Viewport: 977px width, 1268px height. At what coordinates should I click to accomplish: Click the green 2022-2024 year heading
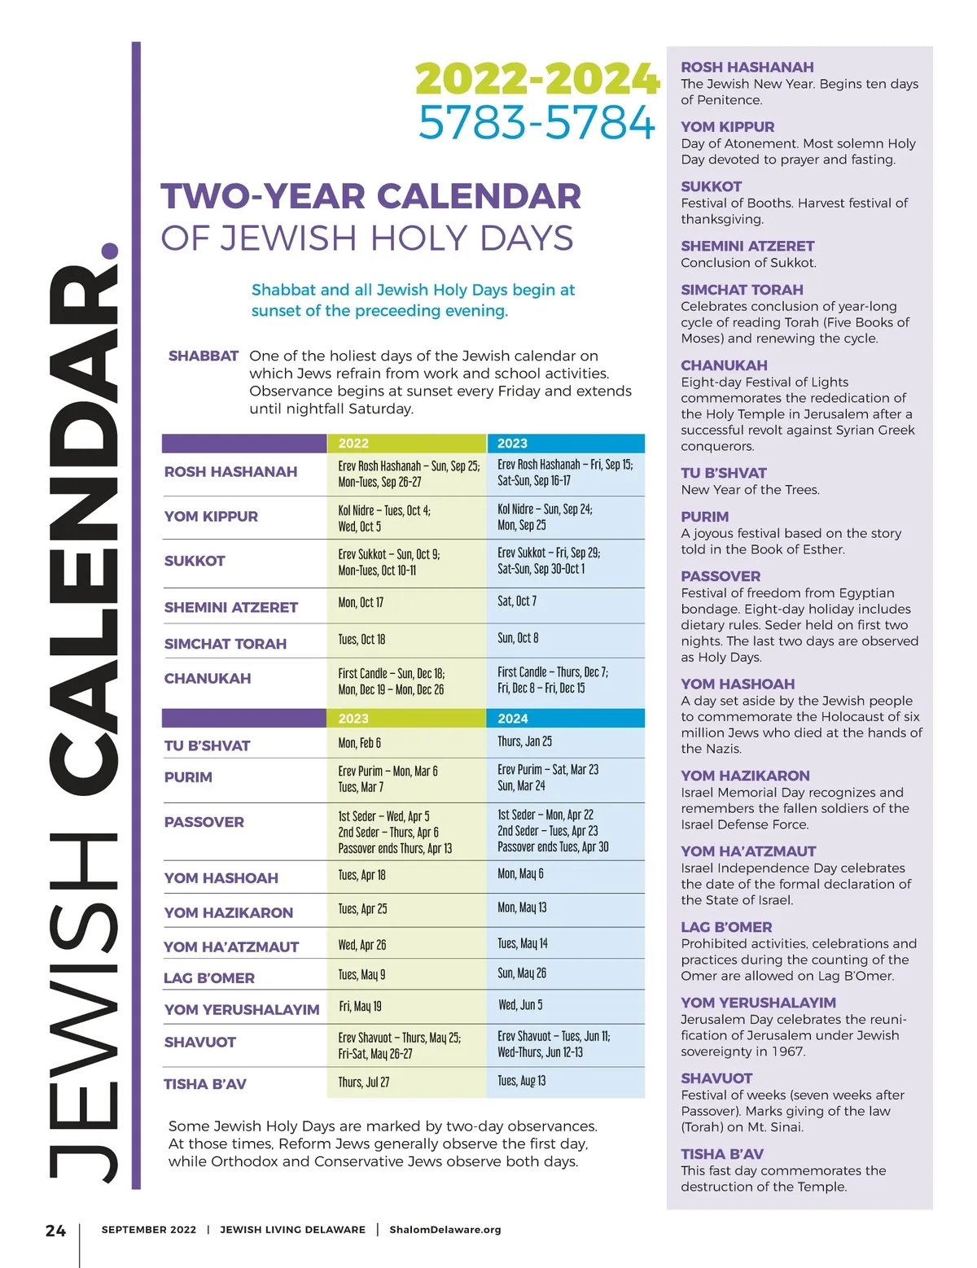(537, 79)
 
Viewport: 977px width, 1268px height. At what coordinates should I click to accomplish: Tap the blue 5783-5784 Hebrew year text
(537, 123)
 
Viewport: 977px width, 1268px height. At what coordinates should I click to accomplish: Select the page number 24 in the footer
(55, 1231)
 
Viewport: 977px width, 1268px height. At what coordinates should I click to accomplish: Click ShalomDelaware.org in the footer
(445, 1230)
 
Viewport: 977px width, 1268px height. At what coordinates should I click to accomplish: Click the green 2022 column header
(353, 444)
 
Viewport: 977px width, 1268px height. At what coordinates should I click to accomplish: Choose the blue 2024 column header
(513, 719)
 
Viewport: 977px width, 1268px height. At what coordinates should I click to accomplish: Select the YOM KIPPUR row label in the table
(211, 517)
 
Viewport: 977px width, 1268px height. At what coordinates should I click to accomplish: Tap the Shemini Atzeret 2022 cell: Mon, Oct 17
(361, 603)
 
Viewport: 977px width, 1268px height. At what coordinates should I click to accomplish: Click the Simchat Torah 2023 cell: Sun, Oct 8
(518, 638)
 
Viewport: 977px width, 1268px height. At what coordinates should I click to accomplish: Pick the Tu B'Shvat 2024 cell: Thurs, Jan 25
(524, 741)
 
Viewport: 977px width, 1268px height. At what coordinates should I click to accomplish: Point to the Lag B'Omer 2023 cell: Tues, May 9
(361, 975)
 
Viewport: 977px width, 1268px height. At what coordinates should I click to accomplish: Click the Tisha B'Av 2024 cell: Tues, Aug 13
(522, 1081)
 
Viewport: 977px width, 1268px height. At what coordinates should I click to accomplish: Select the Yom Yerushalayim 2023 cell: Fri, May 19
(361, 1007)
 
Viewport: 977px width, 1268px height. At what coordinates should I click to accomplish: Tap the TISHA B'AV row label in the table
(205, 1084)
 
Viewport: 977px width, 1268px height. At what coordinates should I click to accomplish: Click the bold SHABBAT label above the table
(204, 356)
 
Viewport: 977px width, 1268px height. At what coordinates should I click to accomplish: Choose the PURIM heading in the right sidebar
(705, 517)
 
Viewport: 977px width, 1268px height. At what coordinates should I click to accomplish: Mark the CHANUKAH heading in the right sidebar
(724, 365)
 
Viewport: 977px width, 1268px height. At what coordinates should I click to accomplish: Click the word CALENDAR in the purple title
(479, 197)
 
